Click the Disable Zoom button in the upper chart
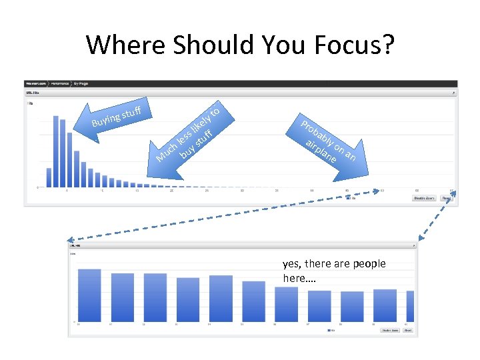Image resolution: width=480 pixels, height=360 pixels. (x=424, y=198)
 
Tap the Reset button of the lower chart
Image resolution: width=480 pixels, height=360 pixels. (x=407, y=330)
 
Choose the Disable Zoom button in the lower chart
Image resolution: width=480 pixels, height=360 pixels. (x=389, y=330)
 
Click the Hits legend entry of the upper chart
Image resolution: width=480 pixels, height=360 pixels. (x=352, y=198)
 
